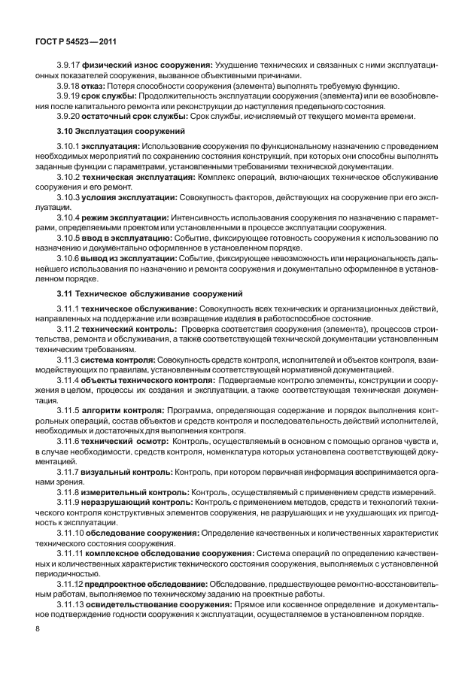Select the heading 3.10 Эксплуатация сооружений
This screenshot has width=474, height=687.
111,131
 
